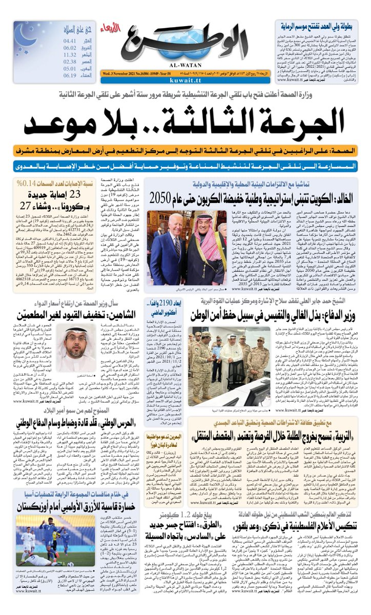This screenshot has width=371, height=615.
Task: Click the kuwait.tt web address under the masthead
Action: pos(183,81)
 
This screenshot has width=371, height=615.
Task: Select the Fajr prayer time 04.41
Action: pos(70,40)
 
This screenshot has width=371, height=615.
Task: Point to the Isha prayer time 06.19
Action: pos(70,75)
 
